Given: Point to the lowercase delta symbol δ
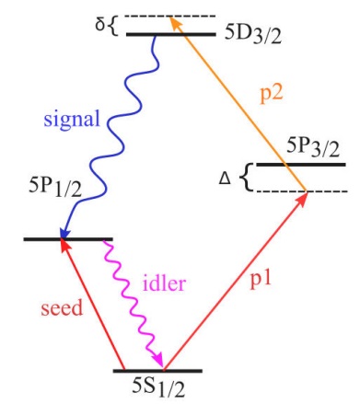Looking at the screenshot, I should (101, 19).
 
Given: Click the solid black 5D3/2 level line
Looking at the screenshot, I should (169, 35).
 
